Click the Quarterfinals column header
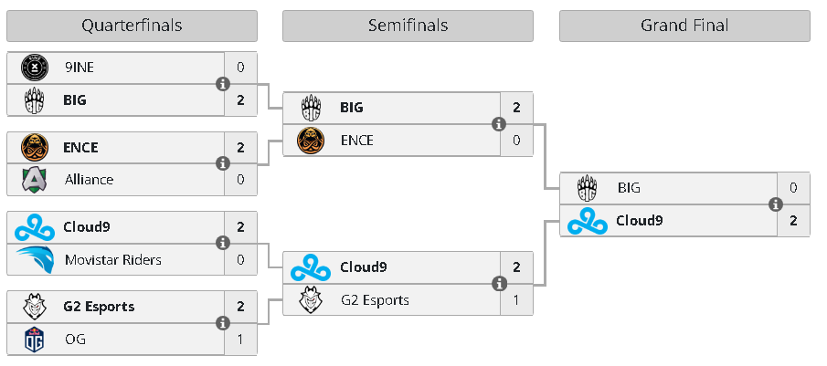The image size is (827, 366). [x=132, y=26]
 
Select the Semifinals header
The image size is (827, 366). [x=408, y=26]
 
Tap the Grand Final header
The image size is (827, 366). [x=684, y=26]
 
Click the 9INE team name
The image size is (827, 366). [x=80, y=68]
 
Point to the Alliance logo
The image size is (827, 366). [x=35, y=180]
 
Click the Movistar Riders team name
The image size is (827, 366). [x=113, y=259]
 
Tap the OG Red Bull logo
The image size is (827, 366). [x=35, y=340]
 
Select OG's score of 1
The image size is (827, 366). [x=240, y=340]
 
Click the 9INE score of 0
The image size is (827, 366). [x=240, y=68]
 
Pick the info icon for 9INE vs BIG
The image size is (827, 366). [x=223, y=84]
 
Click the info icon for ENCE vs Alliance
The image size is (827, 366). [x=223, y=163]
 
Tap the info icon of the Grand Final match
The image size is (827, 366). [x=775, y=204]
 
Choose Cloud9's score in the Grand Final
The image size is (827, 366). [x=793, y=221]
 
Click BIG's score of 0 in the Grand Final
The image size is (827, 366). [x=793, y=188]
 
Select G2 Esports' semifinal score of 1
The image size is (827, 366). [x=516, y=300]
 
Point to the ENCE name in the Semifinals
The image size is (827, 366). [x=357, y=140]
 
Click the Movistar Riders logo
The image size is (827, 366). [x=36, y=259]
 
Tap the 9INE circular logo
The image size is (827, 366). [x=35, y=68]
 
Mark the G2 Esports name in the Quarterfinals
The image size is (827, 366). [x=99, y=307]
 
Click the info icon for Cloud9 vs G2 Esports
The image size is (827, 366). [x=499, y=284]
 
